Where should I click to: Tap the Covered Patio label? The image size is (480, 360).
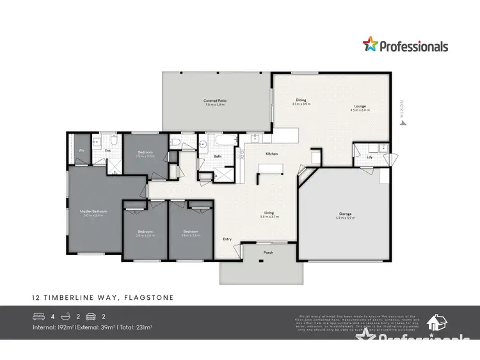215,100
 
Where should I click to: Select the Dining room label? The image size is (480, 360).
301,100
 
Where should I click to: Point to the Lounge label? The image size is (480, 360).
360,107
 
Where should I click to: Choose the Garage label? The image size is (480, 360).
346,214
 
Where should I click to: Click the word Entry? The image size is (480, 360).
227,239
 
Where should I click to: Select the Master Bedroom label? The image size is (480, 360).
93,211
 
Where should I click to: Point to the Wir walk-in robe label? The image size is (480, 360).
81,150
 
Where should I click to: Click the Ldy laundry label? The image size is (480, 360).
370,157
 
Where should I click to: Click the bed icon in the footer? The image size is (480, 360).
39,317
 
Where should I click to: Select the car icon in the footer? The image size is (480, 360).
93,317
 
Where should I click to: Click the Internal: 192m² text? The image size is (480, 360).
52,327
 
